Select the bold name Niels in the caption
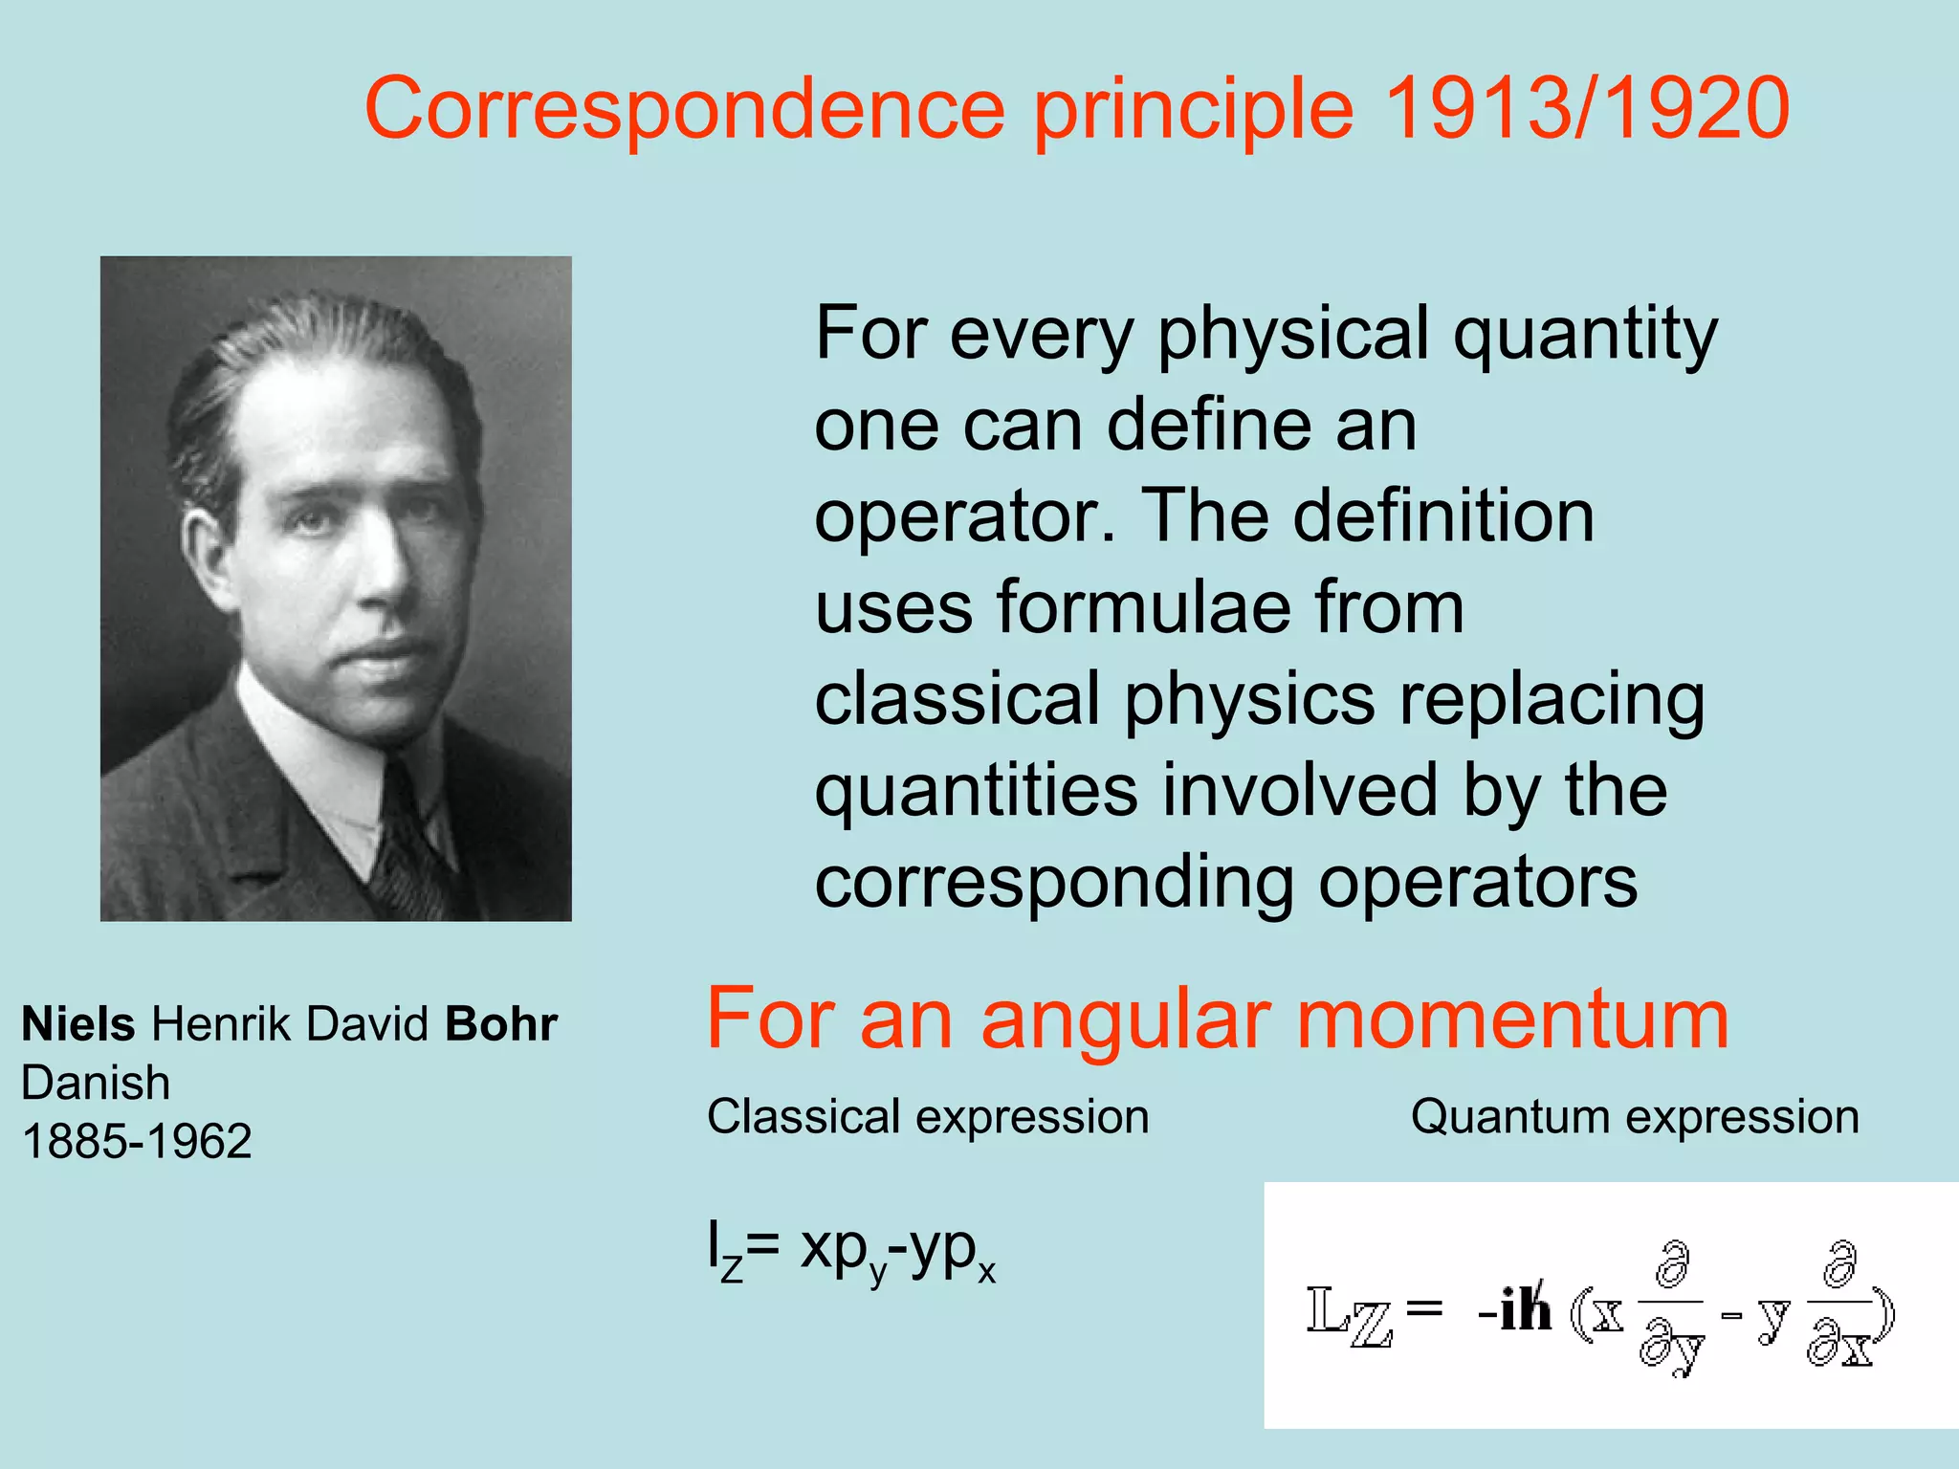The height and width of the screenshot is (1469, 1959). (78, 1024)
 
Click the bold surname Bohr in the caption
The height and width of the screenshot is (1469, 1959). (501, 1024)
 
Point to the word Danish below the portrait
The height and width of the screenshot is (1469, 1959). (96, 1083)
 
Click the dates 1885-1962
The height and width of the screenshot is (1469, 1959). (137, 1141)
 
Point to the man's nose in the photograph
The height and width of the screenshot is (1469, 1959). (383, 564)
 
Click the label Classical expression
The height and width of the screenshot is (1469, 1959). (928, 1117)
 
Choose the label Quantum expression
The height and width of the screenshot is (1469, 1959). (1635, 1117)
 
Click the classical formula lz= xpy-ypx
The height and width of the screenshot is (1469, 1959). (851, 1253)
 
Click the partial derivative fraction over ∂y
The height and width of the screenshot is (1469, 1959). (1671, 1305)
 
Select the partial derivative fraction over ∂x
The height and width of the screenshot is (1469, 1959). (1838, 1305)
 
